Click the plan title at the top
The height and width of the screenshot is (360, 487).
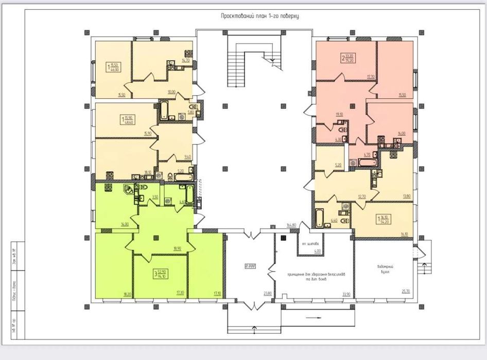point(260,16)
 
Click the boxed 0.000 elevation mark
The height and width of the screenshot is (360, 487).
point(251,266)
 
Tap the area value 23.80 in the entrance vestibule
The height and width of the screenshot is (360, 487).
point(268,294)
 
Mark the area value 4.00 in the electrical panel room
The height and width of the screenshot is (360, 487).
point(318,251)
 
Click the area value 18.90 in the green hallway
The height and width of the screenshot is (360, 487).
point(178,248)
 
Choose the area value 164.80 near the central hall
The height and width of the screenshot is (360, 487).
point(292,225)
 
